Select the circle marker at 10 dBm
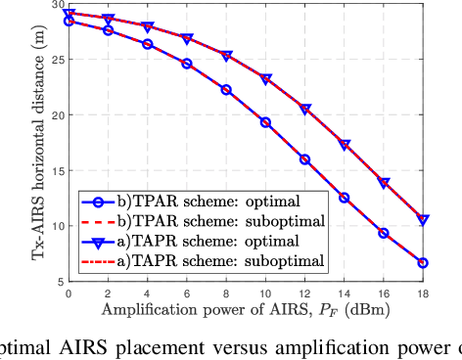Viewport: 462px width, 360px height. coord(265,122)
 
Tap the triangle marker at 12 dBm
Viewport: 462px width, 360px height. coord(304,110)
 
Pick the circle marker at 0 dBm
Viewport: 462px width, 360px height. coord(69,21)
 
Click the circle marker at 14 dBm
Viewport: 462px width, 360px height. coord(344,198)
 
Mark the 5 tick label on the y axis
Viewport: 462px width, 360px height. coord(59,281)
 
